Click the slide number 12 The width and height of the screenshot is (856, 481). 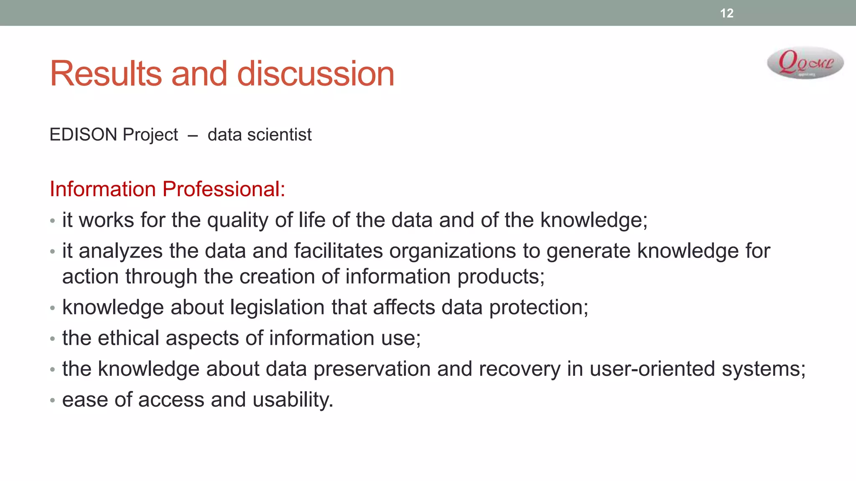pos(726,13)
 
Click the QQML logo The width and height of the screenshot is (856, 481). pos(805,63)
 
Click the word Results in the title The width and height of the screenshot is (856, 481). pos(106,74)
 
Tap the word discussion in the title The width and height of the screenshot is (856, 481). pos(316,74)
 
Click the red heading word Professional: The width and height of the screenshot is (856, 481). pos(224,189)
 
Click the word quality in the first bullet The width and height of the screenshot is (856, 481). pos(237,220)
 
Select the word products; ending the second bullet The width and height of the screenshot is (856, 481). pos(501,277)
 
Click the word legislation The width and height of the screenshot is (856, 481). pos(277,308)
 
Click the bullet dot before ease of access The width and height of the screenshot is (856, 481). pos(52,400)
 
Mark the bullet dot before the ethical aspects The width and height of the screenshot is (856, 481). pos(52,339)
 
